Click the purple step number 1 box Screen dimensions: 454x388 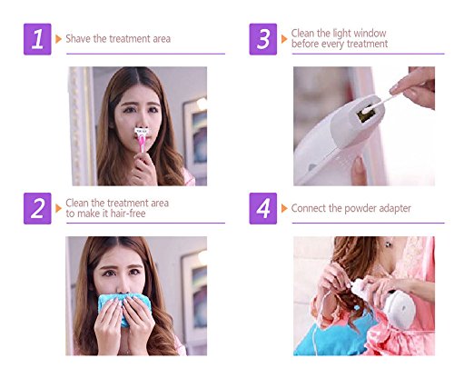pyautogui.click(x=37, y=39)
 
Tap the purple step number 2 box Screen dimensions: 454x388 pyautogui.click(x=37, y=208)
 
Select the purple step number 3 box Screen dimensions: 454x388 pyautogui.click(x=263, y=39)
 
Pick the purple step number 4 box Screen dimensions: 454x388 pyautogui.click(x=263, y=208)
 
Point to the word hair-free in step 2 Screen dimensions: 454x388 pyautogui.click(x=128, y=214)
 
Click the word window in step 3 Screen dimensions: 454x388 pyautogui.click(x=370, y=33)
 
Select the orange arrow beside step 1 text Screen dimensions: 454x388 pyautogui.click(x=58, y=39)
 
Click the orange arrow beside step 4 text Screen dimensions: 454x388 pyautogui.click(x=284, y=208)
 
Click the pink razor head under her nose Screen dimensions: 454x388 pyautogui.click(x=142, y=132)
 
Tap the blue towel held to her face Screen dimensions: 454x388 pyautogui.click(x=124, y=307)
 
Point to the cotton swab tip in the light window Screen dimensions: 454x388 pyautogui.click(x=367, y=110)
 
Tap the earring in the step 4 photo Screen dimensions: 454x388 pyautogui.click(x=388, y=244)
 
